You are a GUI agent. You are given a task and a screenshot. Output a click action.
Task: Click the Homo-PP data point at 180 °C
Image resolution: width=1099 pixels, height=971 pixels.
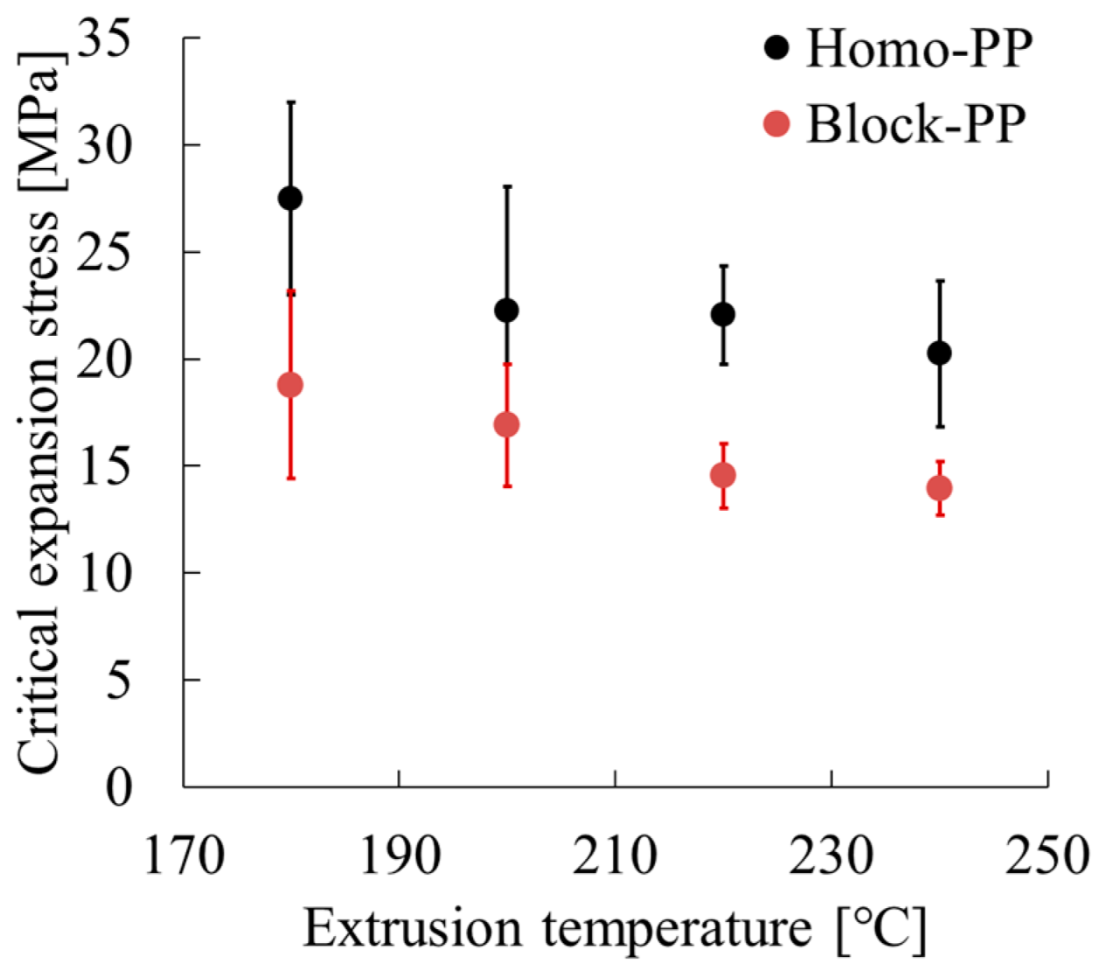[290, 199]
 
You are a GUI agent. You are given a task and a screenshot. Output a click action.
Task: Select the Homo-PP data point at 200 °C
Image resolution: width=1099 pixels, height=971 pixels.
[506, 311]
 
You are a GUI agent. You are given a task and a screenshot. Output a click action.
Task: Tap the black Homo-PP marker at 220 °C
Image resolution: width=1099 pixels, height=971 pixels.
[723, 314]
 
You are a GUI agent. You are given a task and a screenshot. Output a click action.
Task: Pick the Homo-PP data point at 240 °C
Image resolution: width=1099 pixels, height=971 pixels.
[939, 353]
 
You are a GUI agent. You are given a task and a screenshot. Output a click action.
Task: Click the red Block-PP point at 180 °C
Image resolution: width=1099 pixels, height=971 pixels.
[290, 385]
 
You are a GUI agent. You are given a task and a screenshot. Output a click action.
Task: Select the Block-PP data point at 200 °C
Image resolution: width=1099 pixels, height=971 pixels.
[506, 425]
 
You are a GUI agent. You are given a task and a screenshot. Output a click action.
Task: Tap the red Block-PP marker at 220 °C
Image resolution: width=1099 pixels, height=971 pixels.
[723, 476]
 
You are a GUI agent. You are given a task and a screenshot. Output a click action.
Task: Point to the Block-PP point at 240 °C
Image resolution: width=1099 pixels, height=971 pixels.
[939, 488]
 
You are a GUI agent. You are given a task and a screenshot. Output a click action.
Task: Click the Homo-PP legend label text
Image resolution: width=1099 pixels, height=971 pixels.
[918, 48]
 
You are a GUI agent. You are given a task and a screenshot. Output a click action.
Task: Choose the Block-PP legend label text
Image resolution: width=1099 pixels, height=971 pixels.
[915, 124]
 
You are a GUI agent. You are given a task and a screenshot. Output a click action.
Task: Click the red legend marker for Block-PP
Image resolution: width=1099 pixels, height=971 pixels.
[776, 124]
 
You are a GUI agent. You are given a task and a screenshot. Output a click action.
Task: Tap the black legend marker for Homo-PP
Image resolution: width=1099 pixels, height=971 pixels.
[776, 47]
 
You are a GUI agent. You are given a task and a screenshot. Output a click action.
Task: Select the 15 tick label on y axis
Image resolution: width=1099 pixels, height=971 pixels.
[104, 465]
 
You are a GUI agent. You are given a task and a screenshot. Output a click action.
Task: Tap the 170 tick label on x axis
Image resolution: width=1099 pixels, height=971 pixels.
[183, 856]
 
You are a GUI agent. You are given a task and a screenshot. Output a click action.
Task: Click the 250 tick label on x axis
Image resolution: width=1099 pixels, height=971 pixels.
[1047, 856]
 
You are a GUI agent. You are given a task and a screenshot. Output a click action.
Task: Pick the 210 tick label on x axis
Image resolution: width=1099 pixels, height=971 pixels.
[615, 856]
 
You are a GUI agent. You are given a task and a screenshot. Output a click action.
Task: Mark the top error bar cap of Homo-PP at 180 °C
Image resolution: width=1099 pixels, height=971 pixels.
[291, 102]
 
